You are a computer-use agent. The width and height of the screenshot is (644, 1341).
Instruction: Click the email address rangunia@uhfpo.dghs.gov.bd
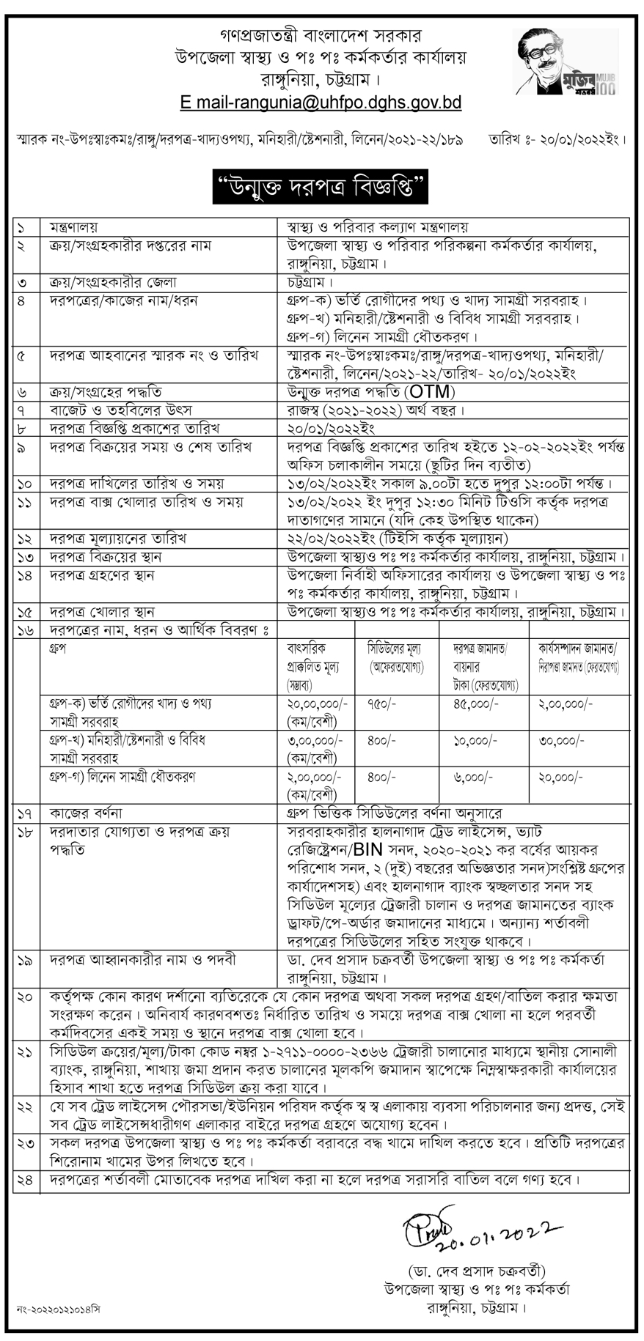coord(321,103)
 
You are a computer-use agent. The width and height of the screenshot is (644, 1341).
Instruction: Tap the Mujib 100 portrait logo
coord(566,62)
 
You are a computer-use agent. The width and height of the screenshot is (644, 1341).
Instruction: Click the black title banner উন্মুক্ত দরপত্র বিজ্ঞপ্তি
coord(321,187)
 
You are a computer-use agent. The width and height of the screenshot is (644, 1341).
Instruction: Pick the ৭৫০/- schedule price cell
coord(382,703)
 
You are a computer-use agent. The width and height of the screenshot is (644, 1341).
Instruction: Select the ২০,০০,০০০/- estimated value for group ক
coord(318,703)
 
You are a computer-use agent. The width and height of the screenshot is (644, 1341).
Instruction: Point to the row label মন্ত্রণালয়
coord(74,227)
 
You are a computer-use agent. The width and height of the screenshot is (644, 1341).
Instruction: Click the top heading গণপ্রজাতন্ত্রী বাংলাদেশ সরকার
coord(321,35)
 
